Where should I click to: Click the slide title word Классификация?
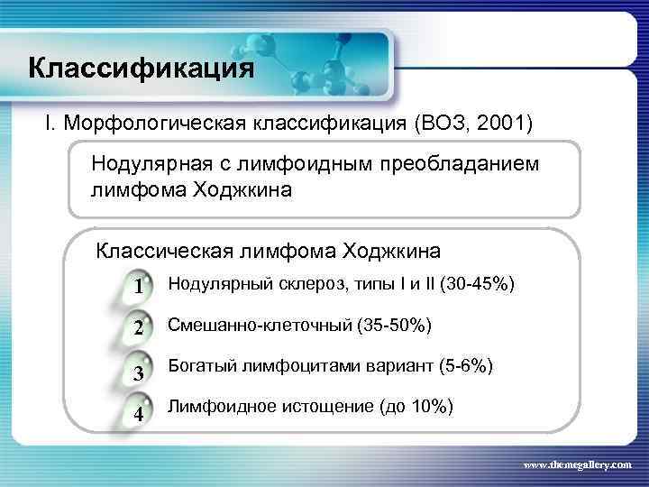141,69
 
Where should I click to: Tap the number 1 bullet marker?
138,289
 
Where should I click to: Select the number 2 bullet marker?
138,329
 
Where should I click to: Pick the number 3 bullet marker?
138,373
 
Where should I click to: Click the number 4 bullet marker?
138,415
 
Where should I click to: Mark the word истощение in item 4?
307,408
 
